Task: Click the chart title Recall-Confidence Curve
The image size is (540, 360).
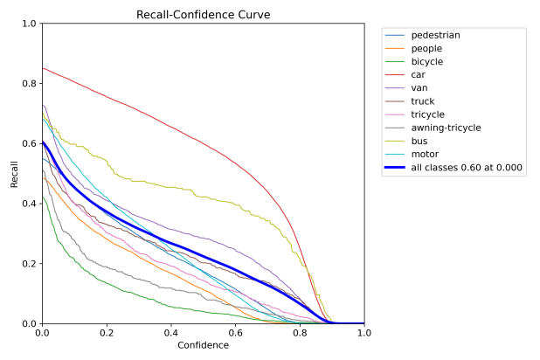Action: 203,15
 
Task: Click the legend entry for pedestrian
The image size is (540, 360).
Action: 435,35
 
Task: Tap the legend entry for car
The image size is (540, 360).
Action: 419,75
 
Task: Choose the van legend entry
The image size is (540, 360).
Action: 419,88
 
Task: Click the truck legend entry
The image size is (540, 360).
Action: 423,101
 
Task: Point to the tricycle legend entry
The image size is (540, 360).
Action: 427,114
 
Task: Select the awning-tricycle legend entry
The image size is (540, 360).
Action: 446,128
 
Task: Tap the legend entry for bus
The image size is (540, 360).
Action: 419,141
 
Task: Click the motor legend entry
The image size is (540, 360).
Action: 425,154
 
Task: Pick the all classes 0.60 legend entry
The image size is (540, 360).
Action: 467,168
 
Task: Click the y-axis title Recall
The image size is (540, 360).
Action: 14,173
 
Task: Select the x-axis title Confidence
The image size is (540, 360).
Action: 203,345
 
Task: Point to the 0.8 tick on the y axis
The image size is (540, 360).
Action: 29,84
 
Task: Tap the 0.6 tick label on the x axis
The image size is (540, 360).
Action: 235,334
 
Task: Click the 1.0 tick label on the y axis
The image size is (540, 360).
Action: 29,24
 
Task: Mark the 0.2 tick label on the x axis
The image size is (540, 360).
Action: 107,334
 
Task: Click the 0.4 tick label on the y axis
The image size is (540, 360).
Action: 29,204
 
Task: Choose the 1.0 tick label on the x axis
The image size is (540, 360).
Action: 363,334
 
